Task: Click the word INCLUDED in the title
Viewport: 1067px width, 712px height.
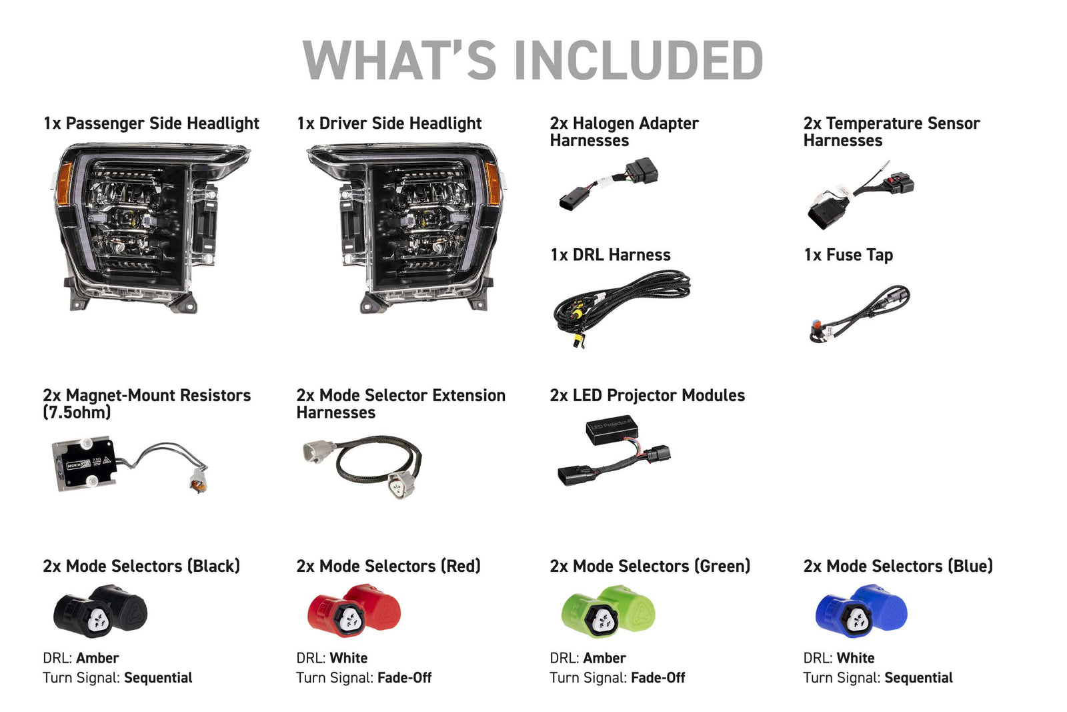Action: point(639,60)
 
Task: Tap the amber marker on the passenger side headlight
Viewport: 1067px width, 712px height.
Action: point(64,184)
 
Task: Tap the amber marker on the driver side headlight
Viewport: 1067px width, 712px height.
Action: point(493,184)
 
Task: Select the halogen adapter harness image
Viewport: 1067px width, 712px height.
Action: point(608,184)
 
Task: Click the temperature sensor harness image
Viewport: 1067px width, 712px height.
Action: point(860,196)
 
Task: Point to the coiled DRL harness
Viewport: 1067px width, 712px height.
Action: point(622,308)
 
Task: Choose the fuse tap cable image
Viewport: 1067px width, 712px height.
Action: point(860,314)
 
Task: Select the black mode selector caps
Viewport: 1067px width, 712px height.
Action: point(101,611)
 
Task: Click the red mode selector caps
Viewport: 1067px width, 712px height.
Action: point(354,611)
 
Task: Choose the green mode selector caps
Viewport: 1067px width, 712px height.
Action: point(608,611)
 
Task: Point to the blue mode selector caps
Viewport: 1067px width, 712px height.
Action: point(862,611)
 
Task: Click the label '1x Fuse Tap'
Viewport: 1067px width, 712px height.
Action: point(848,256)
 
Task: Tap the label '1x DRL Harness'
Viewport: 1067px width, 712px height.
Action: point(611,255)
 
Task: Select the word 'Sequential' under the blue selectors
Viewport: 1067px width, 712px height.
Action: point(919,678)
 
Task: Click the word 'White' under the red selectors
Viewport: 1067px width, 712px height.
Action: point(349,658)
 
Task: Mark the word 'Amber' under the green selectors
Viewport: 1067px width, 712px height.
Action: point(604,658)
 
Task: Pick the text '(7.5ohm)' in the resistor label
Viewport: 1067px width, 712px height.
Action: point(77,412)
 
